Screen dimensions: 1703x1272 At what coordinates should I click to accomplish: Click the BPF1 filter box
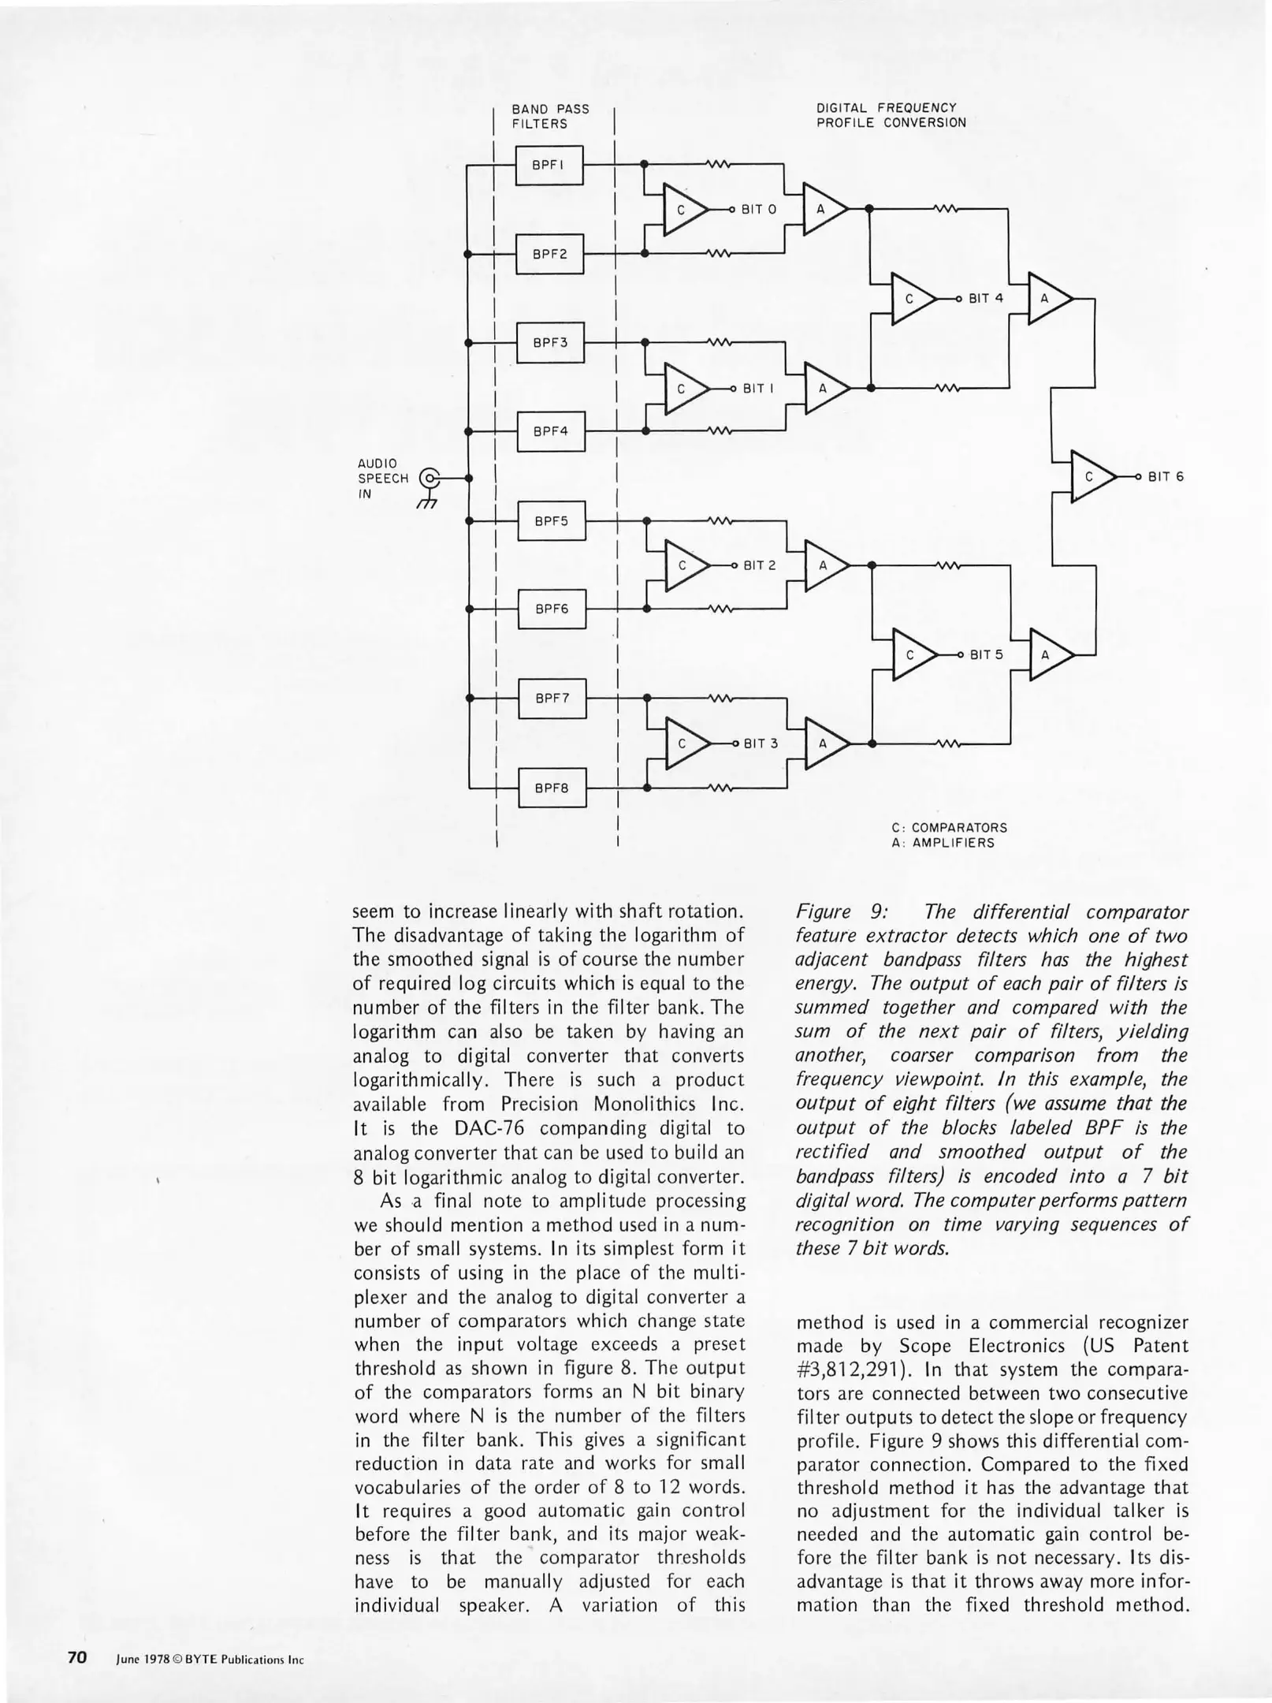click(549, 165)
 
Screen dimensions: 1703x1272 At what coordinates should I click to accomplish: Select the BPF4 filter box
click(550, 431)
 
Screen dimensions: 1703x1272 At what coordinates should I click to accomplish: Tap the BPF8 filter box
click(552, 788)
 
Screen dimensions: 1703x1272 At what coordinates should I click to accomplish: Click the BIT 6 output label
click(1166, 477)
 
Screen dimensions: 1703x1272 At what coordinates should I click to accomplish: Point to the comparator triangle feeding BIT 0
click(682, 210)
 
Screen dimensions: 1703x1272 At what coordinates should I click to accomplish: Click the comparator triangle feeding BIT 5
click(911, 654)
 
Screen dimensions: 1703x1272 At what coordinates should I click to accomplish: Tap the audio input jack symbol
click(428, 479)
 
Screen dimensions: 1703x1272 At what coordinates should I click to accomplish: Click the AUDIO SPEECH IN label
click(383, 479)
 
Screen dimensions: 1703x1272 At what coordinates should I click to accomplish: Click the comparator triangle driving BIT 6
click(1091, 477)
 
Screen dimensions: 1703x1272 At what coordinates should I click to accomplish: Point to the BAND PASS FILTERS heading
click(550, 116)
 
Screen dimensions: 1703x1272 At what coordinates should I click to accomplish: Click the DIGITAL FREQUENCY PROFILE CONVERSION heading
click(891, 115)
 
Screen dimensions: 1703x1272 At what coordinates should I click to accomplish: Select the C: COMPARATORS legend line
click(949, 828)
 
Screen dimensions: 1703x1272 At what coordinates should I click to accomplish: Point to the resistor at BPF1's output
click(719, 165)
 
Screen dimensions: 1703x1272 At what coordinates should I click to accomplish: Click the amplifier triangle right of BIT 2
click(824, 565)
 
